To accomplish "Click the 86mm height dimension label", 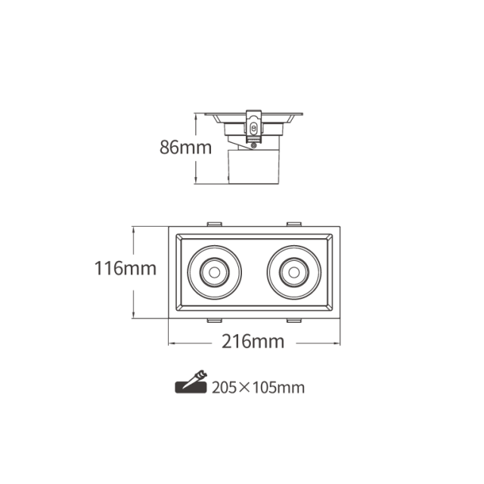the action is [x=185, y=147].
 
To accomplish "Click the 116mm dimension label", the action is [x=126, y=268].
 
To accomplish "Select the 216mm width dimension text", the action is [x=253, y=342].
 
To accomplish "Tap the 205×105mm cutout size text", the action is [x=258, y=388].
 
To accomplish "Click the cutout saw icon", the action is [x=191, y=382].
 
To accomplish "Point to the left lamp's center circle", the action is [x=215, y=272].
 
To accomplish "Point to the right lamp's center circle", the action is [x=294, y=272].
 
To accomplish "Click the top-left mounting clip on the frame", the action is [x=215, y=224].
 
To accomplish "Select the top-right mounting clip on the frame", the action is [x=294, y=224].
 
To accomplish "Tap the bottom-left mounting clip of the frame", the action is [x=215, y=320].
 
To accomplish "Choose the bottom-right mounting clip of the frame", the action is [x=294, y=320].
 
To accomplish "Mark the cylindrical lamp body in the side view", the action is [x=253, y=166].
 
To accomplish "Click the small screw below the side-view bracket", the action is [x=254, y=145].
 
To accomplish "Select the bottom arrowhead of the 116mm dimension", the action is [x=133, y=315].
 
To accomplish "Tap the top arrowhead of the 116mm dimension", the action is [x=133, y=230].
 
